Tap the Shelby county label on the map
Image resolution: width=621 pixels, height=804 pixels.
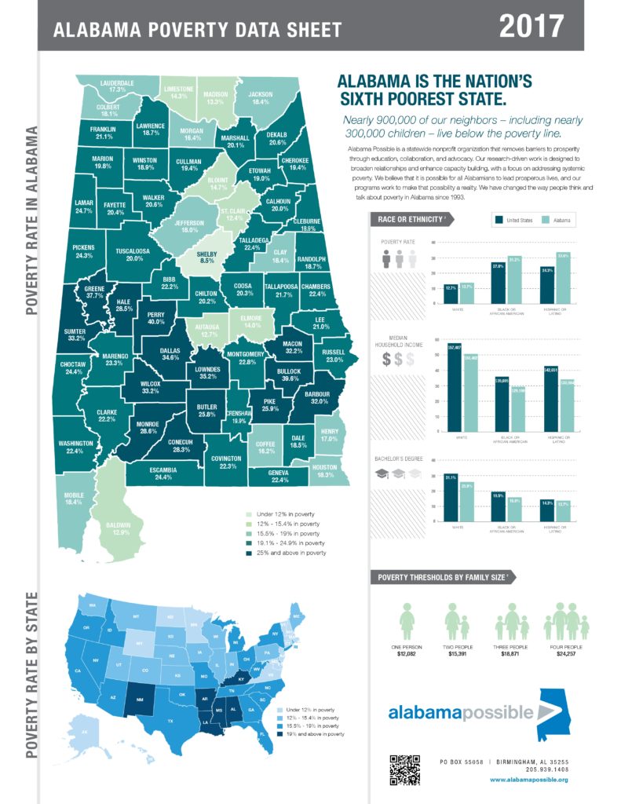(x=206, y=259)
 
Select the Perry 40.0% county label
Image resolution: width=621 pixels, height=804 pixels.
(x=155, y=317)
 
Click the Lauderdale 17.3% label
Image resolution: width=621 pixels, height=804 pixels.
(x=117, y=86)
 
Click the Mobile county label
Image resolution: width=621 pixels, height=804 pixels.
(x=73, y=497)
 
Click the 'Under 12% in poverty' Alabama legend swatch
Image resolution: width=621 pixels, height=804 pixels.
(x=250, y=515)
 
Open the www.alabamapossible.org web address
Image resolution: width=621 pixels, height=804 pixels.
(x=528, y=780)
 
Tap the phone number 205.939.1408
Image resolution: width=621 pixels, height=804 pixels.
(x=546, y=769)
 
